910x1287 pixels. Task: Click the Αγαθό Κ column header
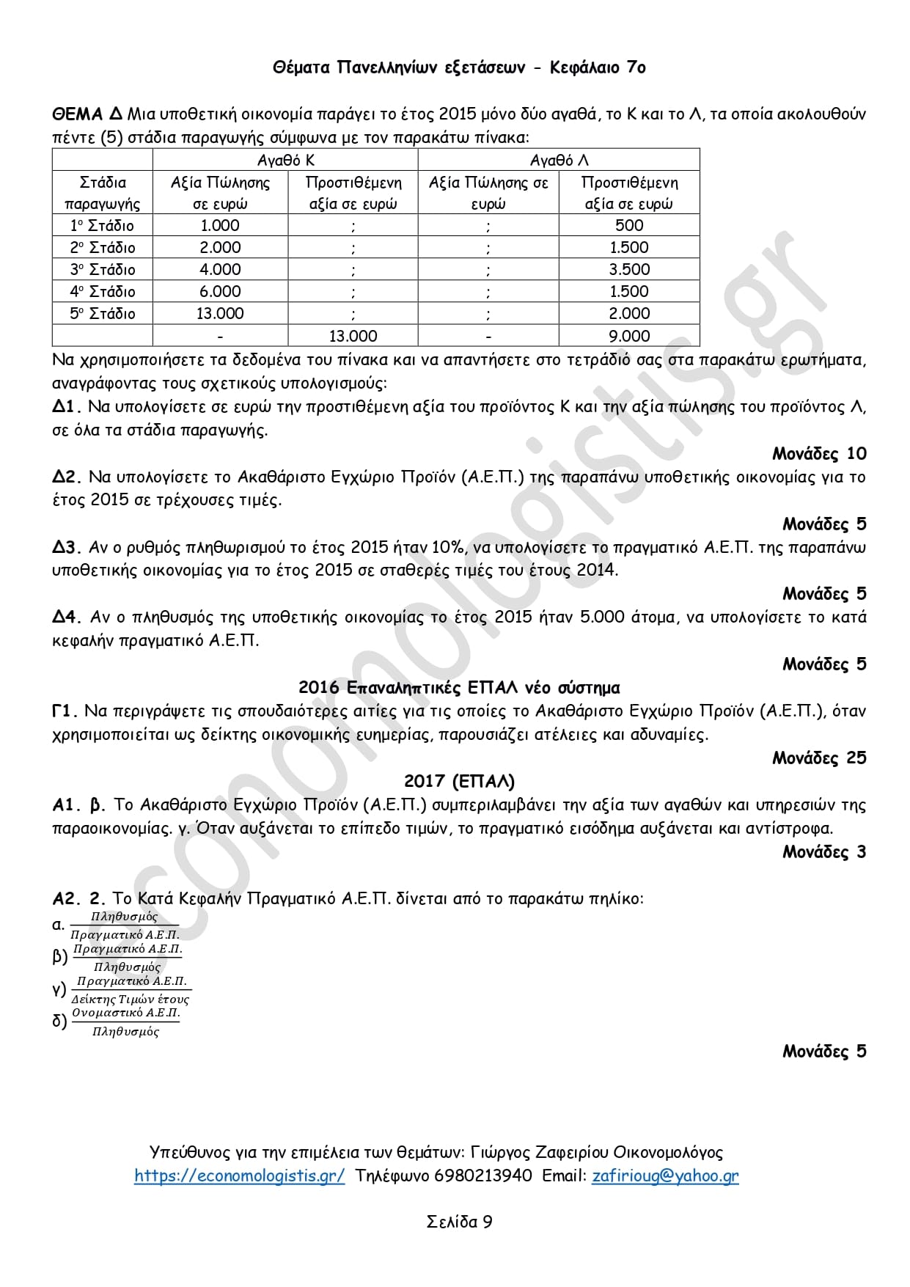[x=285, y=160]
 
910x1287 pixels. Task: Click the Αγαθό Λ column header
[x=559, y=160]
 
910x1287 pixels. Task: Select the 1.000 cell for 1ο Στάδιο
[x=220, y=225]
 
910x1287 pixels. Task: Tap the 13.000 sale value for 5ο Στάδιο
[x=220, y=313]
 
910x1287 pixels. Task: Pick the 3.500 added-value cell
[x=629, y=269]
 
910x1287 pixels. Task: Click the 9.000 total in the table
[x=629, y=336]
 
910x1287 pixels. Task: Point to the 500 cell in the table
[x=629, y=225]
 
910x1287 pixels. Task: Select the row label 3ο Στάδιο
[x=103, y=269]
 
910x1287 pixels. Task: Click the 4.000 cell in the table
[x=220, y=269]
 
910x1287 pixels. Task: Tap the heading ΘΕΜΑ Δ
[x=87, y=114]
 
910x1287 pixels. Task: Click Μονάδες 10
[x=819, y=454]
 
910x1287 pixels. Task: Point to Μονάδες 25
[x=819, y=758]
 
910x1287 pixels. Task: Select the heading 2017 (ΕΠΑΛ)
[x=459, y=781]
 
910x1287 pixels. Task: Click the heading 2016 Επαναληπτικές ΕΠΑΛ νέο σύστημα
[x=459, y=688]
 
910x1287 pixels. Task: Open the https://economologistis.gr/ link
[x=239, y=1176]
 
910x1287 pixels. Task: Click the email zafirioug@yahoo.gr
[x=665, y=1176]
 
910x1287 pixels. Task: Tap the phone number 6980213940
[x=483, y=1176]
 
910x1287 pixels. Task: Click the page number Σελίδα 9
[x=459, y=1222]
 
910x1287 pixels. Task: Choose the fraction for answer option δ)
[x=125, y=1022]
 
